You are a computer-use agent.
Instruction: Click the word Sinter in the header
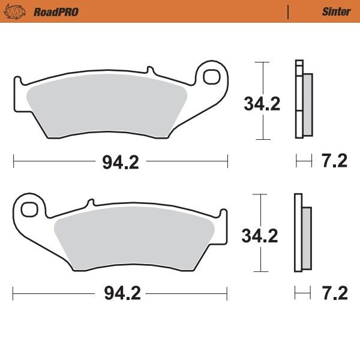(336, 11)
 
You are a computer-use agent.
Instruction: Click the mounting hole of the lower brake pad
(28, 209)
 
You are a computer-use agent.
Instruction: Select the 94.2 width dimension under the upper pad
(121, 162)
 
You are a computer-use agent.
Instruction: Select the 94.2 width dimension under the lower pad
(121, 293)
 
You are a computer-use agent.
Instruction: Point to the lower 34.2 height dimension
(259, 236)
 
